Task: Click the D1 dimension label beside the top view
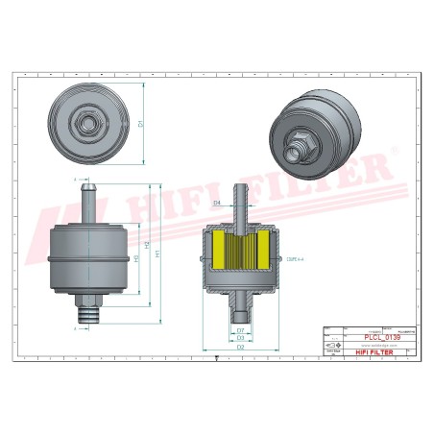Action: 141,123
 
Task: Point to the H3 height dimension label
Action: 136,259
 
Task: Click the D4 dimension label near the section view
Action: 217,204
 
